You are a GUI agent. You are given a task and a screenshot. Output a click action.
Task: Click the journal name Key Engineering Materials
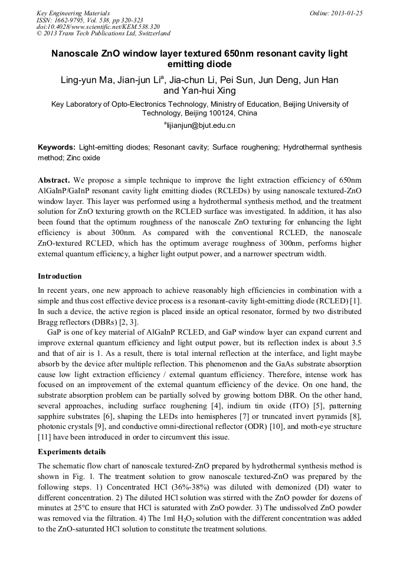pyautogui.click(x=73, y=13)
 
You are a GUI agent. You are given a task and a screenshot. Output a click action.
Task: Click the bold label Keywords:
pyautogui.click(x=57, y=147)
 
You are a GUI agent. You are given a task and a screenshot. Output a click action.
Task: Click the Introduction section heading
pyautogui.click(x=60, y=276)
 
